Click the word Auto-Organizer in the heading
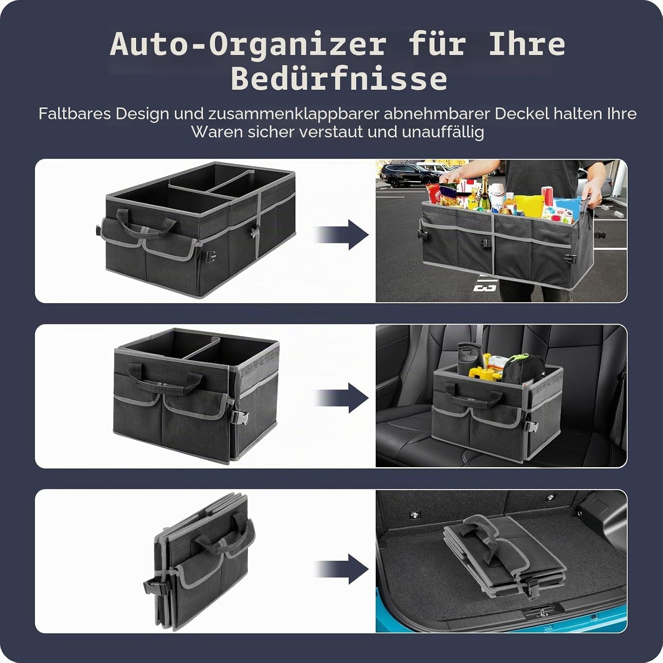tap(248, 45)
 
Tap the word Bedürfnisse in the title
tap(339, 80)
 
